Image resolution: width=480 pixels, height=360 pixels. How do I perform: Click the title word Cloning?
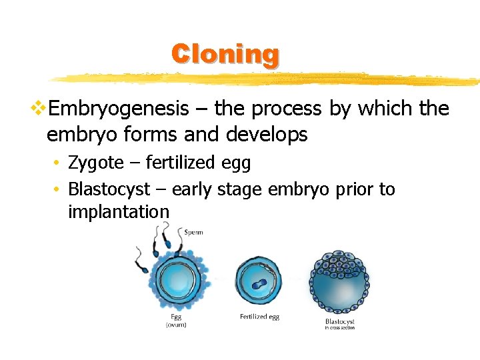coord(225,54)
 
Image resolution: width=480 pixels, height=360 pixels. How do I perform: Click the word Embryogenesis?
coord(119,108)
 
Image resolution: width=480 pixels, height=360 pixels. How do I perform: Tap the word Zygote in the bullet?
coord(96,163)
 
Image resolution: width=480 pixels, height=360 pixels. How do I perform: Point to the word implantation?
coord(119,212)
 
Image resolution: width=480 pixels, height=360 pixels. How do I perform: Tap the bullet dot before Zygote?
coord(59,163)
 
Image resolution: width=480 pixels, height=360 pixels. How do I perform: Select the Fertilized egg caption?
coord(259,317)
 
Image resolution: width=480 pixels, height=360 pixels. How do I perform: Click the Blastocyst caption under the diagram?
coord(339,321)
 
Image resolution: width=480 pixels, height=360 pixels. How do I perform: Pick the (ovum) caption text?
coord(176,325)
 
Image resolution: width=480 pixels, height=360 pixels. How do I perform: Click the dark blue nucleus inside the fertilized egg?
coord(259,283)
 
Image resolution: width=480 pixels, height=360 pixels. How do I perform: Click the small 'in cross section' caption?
coord(339,328)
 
